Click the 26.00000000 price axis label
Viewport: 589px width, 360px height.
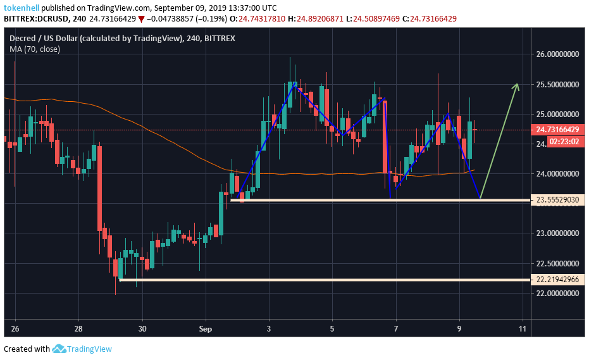pyautogui.click(x=558, y=54)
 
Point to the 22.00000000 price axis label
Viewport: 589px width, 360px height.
pyautogui.click(x=558, y=294)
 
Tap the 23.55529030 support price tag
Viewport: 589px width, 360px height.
pyautogui.click(x=559, y=200)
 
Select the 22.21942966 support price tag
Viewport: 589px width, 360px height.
pyautogui.click(x=559, y=280)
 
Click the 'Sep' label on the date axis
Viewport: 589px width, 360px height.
pyautogui.click(x=205, y=329)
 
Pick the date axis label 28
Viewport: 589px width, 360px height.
pyautogui.click(x=78, y=329)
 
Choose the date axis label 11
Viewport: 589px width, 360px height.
pyautogui.click(x=523, y=329)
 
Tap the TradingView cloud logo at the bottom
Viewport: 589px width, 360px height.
pyautogui.click(x=59, y=349)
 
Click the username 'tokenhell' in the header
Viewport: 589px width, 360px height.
pyautogui.click(x=24, y=8)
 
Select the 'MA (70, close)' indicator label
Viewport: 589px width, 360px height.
pyautogui.click(x=35, y=49)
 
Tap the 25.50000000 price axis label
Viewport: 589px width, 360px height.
pyautogui.click(x=558, y=84)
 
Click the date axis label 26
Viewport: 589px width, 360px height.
pyautogui.click(x=15, y=329)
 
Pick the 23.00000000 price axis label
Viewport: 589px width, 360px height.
pyautogui.click(x=558, y=233)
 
